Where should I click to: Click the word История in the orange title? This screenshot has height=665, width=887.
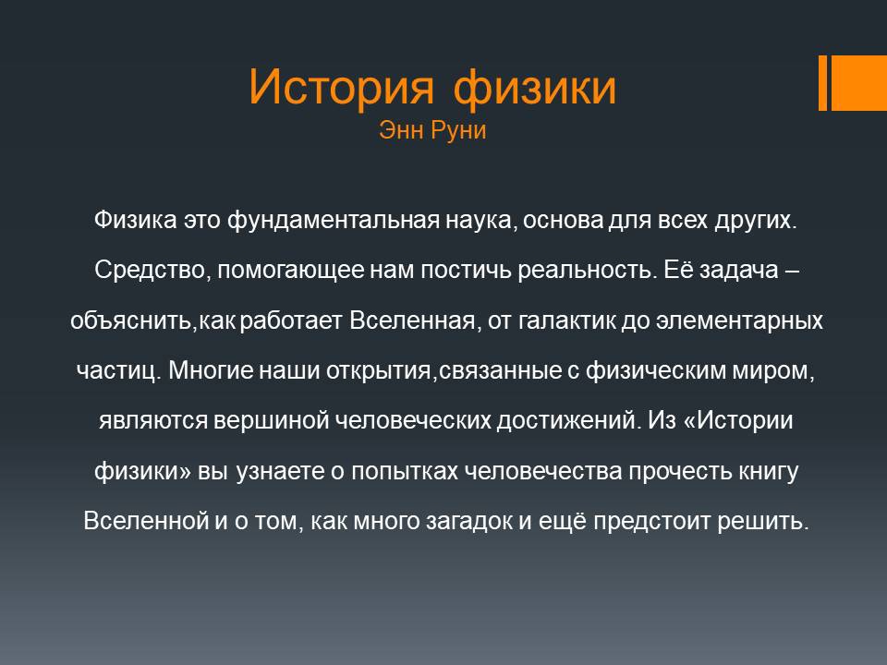click(x=341, y=87)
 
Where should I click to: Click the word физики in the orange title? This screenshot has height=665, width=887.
click(x=535, y=89)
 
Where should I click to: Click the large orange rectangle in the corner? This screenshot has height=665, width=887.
click(x=858, y=82)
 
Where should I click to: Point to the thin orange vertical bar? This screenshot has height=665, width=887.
click(x=822, y=82)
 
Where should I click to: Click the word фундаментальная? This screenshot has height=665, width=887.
click(x=334, y=221)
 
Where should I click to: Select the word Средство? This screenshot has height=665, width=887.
click(x=152, y=270)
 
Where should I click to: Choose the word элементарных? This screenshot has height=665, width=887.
click(x=739, y=321)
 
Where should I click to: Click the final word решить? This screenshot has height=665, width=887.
click(x=763, y=521)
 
